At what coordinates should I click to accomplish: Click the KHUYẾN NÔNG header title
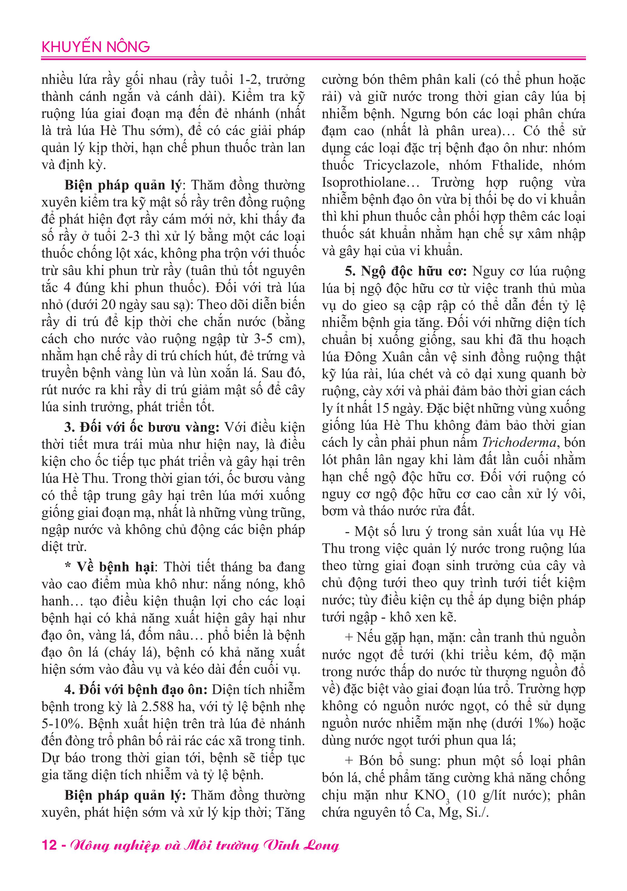[96, 47]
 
